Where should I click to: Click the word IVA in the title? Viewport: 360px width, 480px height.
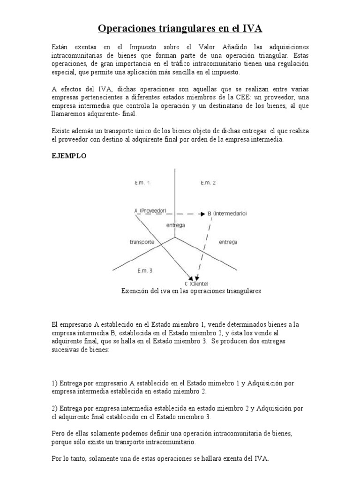point(250,29)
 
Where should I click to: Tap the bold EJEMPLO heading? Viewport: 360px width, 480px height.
point(68,156)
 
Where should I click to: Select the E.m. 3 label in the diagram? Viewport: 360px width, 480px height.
point(145,270)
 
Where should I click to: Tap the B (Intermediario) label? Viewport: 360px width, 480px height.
point(227,213)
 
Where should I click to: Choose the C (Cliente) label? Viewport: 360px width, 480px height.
point(197,284)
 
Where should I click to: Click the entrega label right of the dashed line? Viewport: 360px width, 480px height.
point(228,242)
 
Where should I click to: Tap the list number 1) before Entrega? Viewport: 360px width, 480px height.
point(54,383)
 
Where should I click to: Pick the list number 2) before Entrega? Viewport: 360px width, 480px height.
point(54,408)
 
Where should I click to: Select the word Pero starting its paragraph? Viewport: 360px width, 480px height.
point(58,434)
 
